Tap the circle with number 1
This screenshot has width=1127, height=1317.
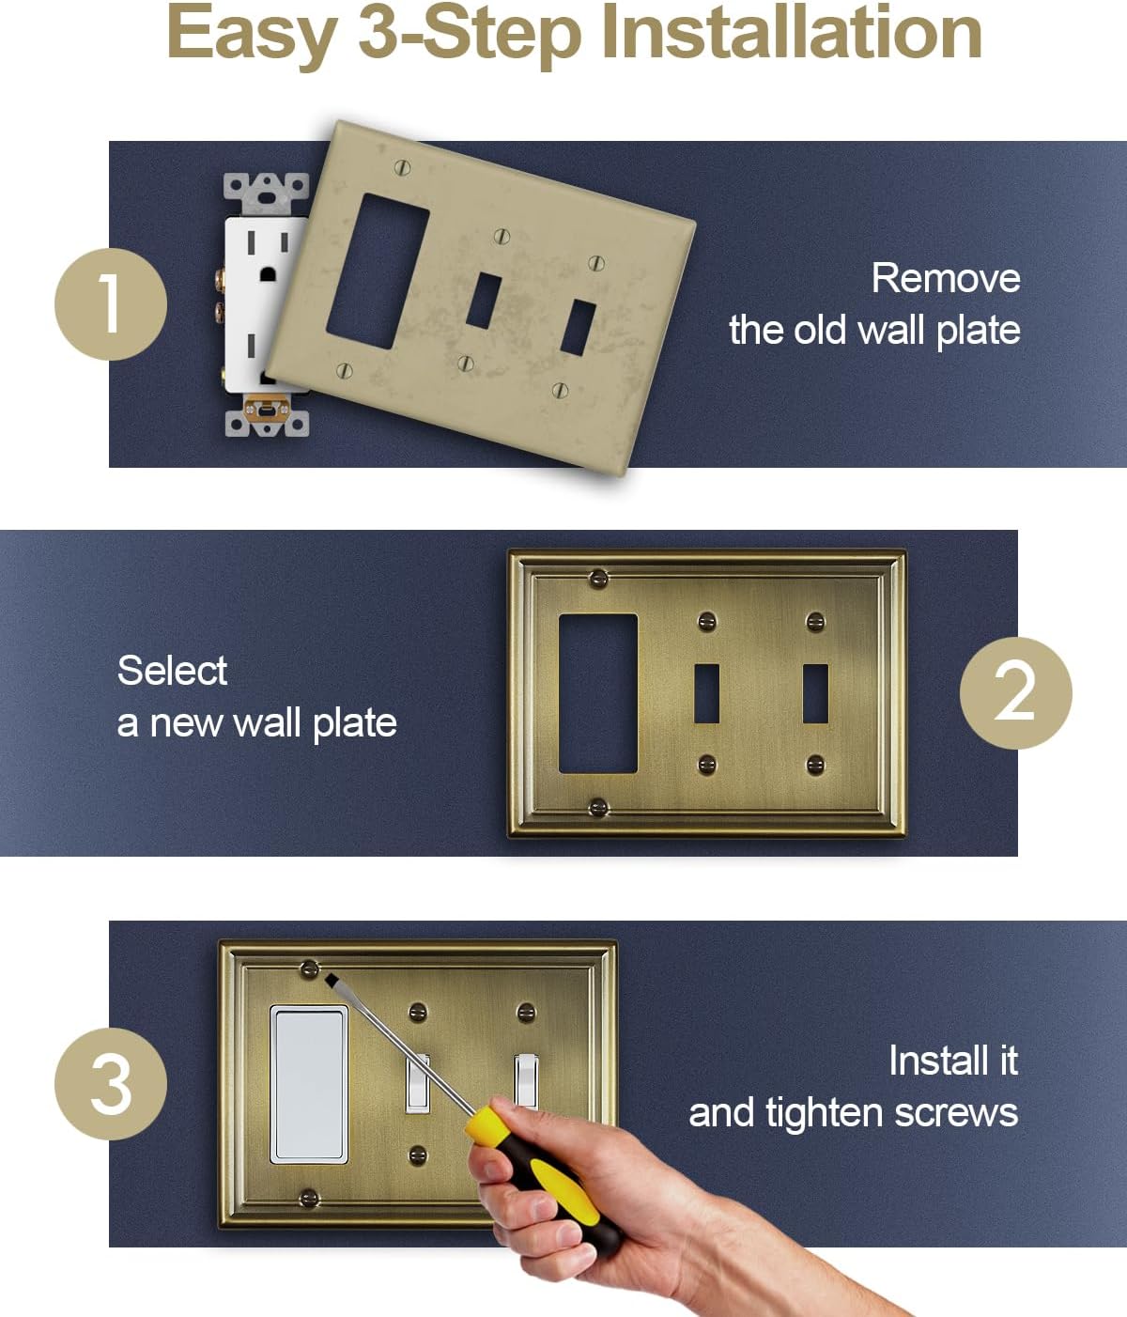(x=111, y=303)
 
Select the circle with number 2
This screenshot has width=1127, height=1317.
(x=1015, y=693)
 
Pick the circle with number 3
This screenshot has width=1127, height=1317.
(x=111, y=1083)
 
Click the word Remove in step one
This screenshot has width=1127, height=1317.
(x=945, y=278)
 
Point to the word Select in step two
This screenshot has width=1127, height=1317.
(x=172, y=671)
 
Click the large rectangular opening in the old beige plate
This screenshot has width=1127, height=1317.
(x=377, y=272)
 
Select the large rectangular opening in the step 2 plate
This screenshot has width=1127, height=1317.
(x=598, y=693)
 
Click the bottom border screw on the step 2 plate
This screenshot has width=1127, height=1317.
(x=596, y=806)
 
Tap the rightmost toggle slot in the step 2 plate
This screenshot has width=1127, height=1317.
(x=815, y=693)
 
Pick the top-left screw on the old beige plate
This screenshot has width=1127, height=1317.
(x=404, y=168)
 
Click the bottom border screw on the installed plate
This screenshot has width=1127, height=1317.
(x=308, y=1197)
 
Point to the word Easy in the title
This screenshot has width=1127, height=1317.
(x=252, y=33)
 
